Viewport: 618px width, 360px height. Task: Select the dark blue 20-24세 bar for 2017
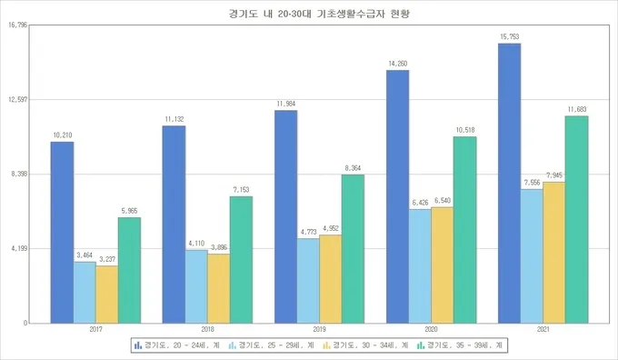(62, 232)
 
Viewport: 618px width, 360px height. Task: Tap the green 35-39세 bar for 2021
(577, 219)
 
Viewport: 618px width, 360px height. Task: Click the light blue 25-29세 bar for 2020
(421, 266)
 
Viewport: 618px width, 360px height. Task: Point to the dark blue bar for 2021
(510, 183)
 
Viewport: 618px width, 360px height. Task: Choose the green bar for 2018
(241, 259)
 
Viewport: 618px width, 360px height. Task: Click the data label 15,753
(510, 36)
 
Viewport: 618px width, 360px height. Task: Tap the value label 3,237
(107, 258)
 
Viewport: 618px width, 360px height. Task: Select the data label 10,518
(465, 129)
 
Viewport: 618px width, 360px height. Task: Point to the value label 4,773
(309, 232)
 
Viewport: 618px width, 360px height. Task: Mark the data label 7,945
(554, 175)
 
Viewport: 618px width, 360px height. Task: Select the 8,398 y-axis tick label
(19, 174)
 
